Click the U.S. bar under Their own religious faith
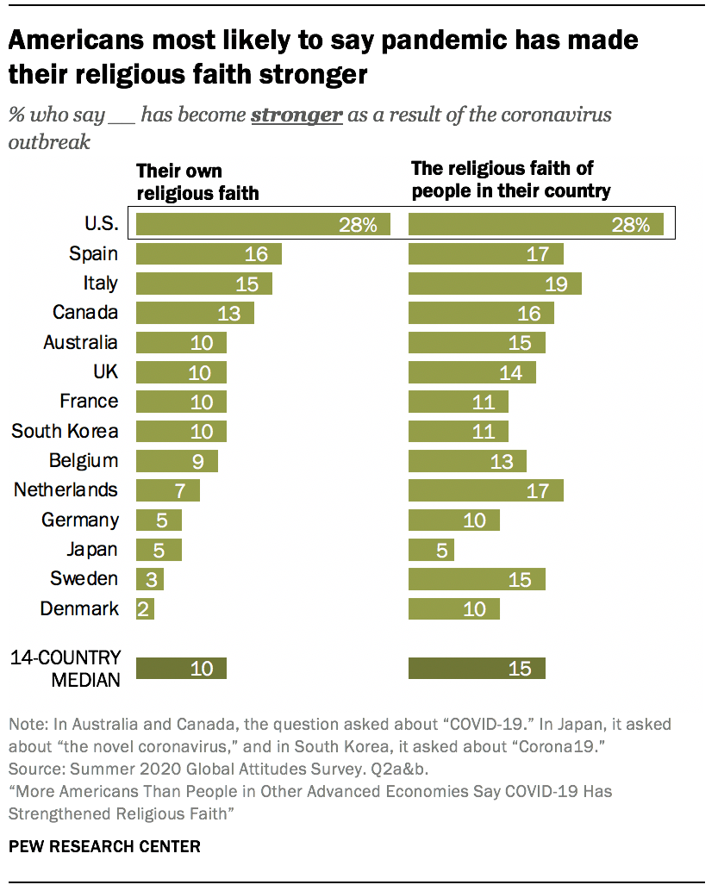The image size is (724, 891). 263,225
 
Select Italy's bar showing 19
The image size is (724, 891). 495,283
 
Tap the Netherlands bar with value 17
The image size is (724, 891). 485,490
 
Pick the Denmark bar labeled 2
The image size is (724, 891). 145,609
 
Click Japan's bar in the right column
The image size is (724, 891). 431,550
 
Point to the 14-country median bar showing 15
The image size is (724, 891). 477,669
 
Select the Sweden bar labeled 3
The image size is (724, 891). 149,579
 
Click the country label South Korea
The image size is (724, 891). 65,431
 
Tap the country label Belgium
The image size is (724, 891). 83,460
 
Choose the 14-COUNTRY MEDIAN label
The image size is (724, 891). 66,669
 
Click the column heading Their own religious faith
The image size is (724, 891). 197,182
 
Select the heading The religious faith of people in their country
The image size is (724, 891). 510,179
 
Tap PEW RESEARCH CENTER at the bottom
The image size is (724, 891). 104,846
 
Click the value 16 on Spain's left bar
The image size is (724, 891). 256,254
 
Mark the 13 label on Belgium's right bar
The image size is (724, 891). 502,461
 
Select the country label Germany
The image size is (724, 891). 79,520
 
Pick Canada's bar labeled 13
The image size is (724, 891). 195,313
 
